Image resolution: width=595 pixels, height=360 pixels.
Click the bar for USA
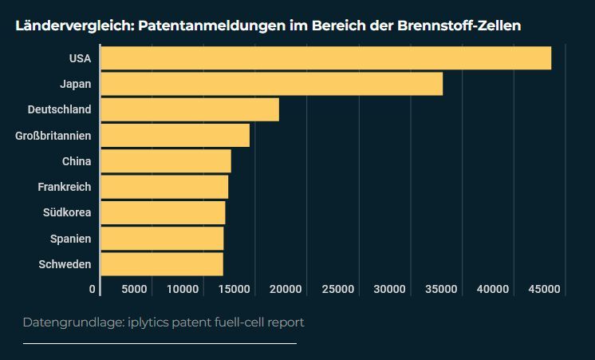[325, 58]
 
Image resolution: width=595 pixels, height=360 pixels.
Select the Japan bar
[271, 84]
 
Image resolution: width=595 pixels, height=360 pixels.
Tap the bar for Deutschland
[190, 109]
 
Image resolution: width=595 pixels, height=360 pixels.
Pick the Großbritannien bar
[175, 136]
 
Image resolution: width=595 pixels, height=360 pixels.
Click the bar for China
[166, 161]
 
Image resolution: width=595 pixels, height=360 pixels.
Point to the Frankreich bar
[164, 187]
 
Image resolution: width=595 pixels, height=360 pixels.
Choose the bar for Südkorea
[163, 213]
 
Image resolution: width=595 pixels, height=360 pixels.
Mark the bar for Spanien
[162, 239]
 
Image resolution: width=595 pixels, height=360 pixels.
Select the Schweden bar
[162, 264]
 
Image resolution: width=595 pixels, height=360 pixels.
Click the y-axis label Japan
[75, 84]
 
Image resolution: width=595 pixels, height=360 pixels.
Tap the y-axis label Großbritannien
[53, 136]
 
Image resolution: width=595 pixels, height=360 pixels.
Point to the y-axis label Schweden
[65, 264]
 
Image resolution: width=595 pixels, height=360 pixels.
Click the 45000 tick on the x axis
[546, 289]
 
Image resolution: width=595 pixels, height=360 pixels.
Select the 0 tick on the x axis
[93, 289]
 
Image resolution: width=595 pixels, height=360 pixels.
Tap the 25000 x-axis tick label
[338, 289]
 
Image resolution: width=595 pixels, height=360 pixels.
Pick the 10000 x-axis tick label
[183, 289]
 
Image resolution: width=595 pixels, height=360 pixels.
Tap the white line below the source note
[160, 343]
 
